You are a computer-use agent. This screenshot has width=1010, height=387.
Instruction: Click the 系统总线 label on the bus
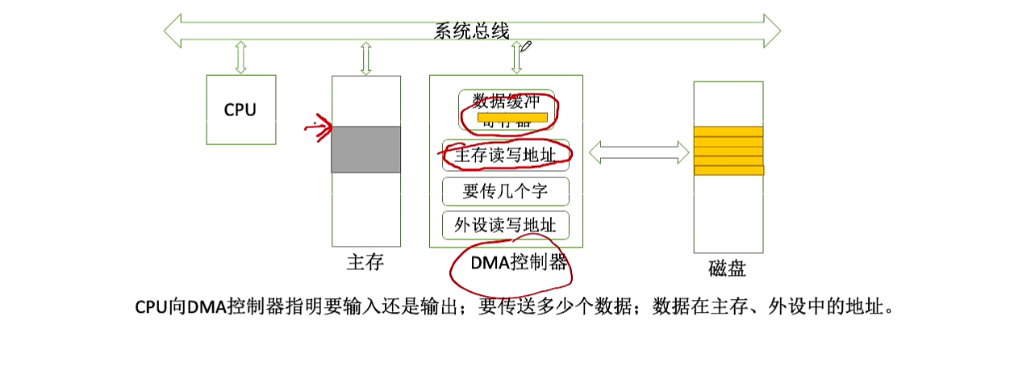pyautogui.click(x=472, y=31)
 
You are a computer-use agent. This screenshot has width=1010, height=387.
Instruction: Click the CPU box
pyautogui.click(x=240, y=110)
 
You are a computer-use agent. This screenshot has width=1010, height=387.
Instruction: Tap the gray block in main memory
pyautogui.click(x=366, y=149)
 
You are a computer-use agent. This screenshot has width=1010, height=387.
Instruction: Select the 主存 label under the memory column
pyautogui.click(x=365, y=263)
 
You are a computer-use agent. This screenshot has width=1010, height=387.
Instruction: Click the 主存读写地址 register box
pyautogui.click(x=506, y=156)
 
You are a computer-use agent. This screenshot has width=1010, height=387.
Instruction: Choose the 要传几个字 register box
pyautogui.click(x=506, y=191)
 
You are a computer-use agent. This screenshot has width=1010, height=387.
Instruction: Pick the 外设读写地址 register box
pyautogui.click(x=506, y=226)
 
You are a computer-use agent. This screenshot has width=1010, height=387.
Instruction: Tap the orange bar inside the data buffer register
pyautogui.click(x=513, y=118)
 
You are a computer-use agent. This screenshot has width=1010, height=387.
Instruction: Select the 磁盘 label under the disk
pyautogui.click(x=728, y=268)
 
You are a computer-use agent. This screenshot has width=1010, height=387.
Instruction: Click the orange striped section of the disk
pyautogui.click(x=728, y=151)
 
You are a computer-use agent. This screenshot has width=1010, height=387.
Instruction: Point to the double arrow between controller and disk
pyautogui.click(x=638, y=152)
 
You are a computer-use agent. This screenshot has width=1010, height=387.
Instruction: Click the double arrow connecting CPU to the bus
pyautogui.click(x=240, y=57)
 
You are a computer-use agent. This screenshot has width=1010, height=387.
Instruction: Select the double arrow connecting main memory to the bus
pyautogui.click(x=365, y=58)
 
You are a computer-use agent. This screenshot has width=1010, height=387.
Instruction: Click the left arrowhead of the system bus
pyautogui.click(x=174, y=31)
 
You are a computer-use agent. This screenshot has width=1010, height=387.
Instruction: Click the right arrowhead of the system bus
pyautogui.click(x=770, y=31)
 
